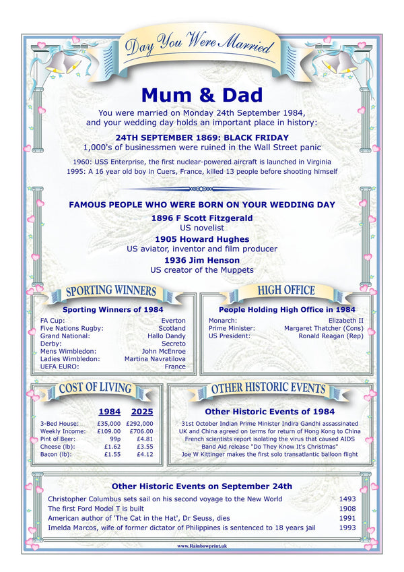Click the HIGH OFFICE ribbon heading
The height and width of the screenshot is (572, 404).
point(286,290)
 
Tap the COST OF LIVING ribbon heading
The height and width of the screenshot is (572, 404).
point(95,388)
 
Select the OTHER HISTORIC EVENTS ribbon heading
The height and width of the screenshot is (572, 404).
point(268,388)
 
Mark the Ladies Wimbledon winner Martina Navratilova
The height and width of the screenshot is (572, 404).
point(155,359)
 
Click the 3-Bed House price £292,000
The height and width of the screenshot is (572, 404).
point(139,424)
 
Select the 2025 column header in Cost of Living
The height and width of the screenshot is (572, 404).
point(141,411)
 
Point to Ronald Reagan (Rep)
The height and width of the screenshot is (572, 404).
point(331,336)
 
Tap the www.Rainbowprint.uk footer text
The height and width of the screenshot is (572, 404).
point(201,546)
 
